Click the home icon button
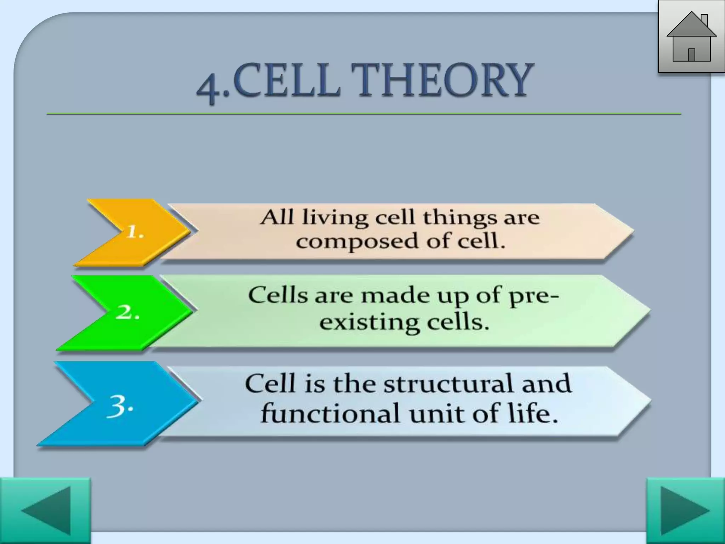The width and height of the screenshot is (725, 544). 691,37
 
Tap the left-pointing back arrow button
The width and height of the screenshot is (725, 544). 45,510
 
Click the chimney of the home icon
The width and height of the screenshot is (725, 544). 704,20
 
